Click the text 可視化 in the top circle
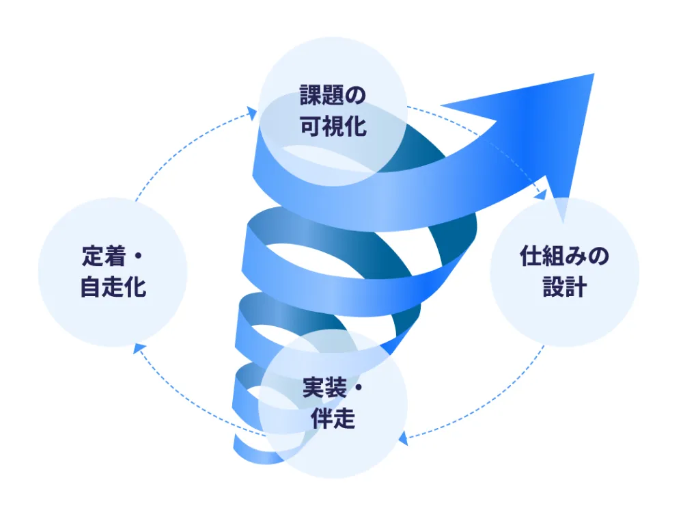coord(333,127)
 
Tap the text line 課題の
coord(333,95)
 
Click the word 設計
coord(564,287)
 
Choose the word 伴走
coord(333,418)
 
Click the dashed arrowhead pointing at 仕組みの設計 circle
coord(542,194)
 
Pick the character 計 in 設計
coord(576,287)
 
